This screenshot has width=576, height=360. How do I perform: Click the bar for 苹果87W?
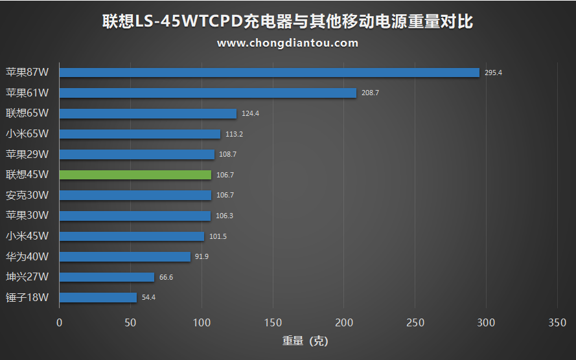269,73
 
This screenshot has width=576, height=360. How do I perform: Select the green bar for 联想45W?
135,175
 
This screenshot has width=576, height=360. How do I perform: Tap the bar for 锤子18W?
98,298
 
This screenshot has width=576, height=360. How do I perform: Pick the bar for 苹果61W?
207,93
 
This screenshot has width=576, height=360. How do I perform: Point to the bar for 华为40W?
124,257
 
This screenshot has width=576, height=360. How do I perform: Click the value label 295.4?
493,73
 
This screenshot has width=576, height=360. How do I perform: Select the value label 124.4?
250,114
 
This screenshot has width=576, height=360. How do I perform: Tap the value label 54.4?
148,298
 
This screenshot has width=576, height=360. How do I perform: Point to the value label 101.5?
218,236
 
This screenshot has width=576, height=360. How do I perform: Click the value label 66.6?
166,277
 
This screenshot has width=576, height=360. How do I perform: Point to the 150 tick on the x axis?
273,322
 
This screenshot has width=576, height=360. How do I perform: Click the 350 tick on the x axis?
557,322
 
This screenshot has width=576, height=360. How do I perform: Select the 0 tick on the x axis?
60,322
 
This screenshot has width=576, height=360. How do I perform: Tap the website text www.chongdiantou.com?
288,43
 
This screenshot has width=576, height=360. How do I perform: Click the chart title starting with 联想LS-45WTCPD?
288,22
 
